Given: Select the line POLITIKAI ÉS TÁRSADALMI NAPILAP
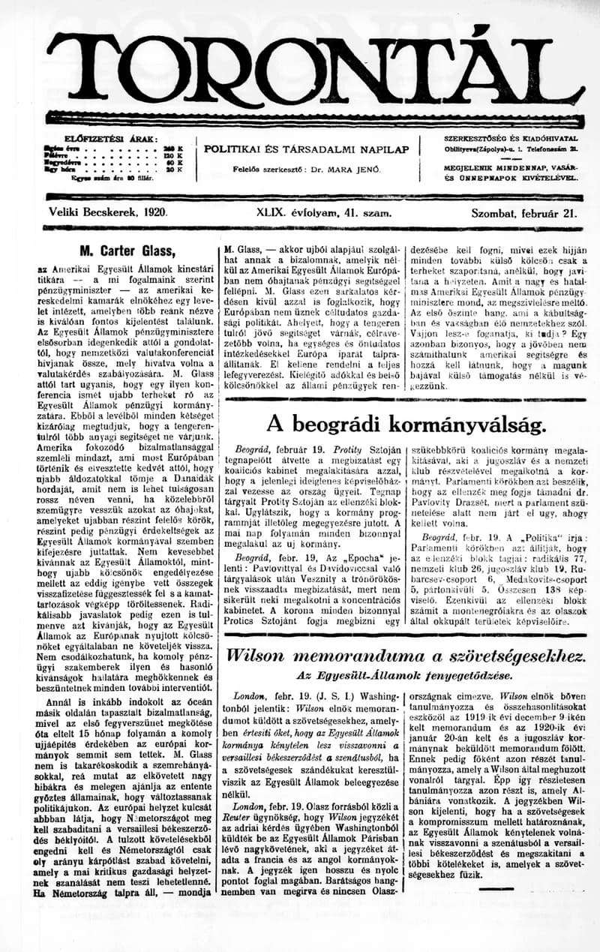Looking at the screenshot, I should [x=307, y=149].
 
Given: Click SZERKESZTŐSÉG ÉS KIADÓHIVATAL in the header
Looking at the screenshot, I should [x=510, y=139].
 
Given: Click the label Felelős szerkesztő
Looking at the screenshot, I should [x=270, y=170].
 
